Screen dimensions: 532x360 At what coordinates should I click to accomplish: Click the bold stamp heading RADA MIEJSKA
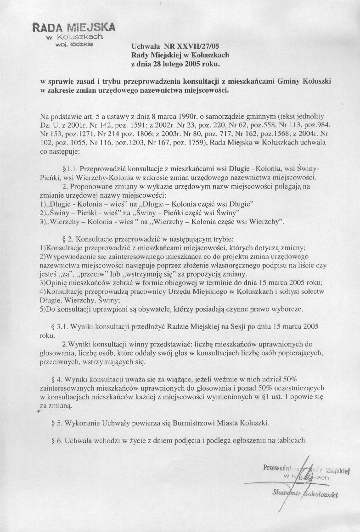[x=74, y=27]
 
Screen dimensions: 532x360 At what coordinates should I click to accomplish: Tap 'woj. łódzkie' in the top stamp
[x=75, y=44]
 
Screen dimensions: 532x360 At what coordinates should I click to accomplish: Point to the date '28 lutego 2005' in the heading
[x=177, y=63]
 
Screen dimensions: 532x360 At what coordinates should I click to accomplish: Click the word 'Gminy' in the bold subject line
[x=291, y=81]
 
